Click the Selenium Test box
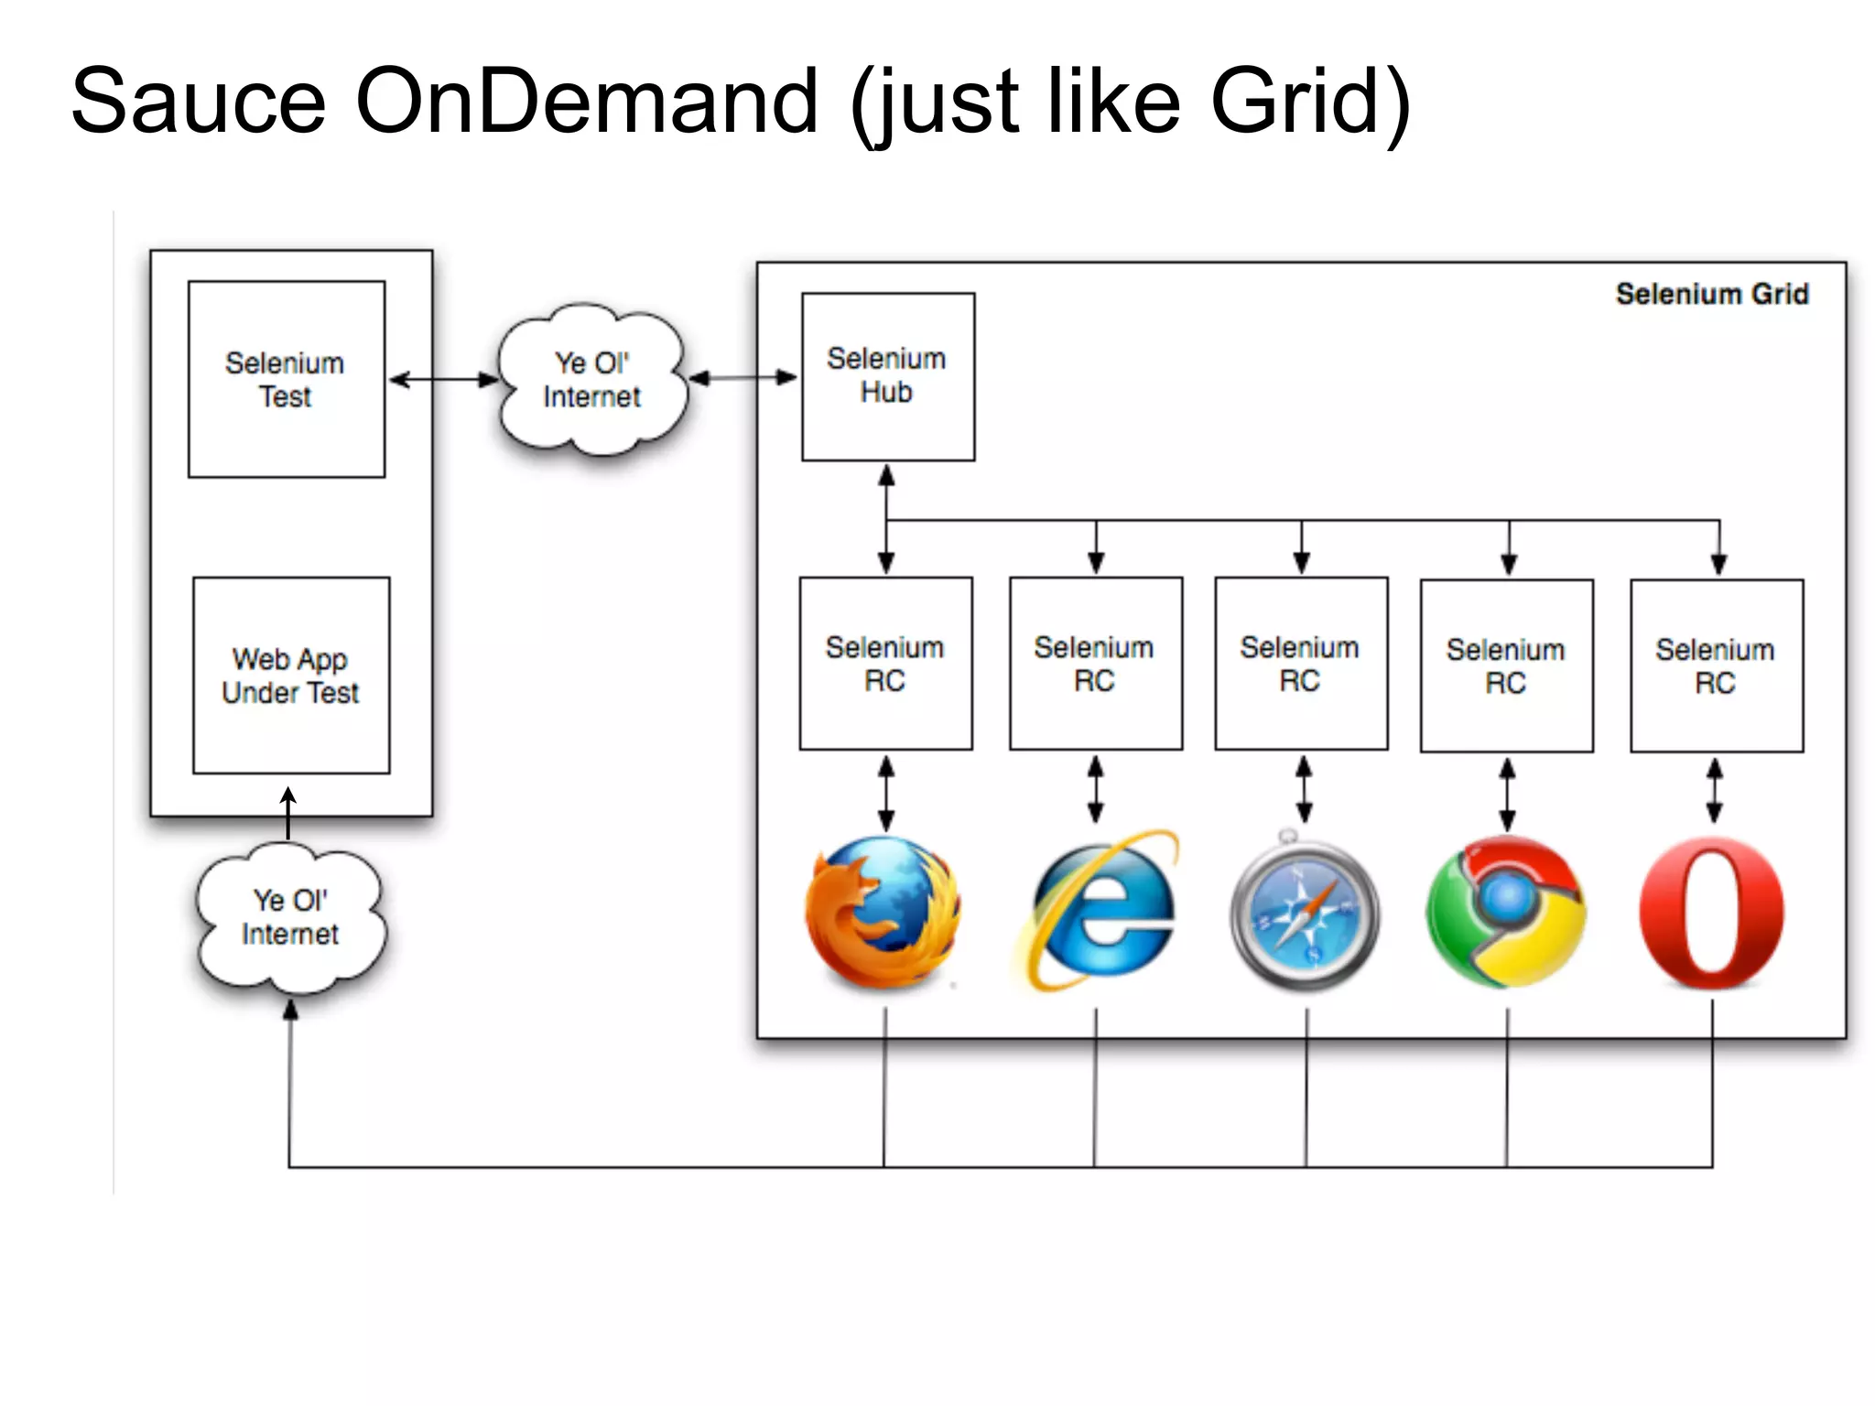286,379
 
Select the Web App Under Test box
290,675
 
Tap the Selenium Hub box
887,376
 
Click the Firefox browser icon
883,913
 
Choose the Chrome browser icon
1506,913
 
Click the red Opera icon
1711,913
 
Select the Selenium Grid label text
1711,294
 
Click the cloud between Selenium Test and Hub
591,380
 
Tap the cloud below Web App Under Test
290,918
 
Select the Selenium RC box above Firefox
885,664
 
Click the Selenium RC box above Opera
1716,665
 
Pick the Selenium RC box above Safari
1300,664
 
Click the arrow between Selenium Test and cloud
443,379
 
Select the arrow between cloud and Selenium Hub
742,377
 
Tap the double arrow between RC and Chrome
1507,794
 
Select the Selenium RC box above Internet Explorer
1095,664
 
